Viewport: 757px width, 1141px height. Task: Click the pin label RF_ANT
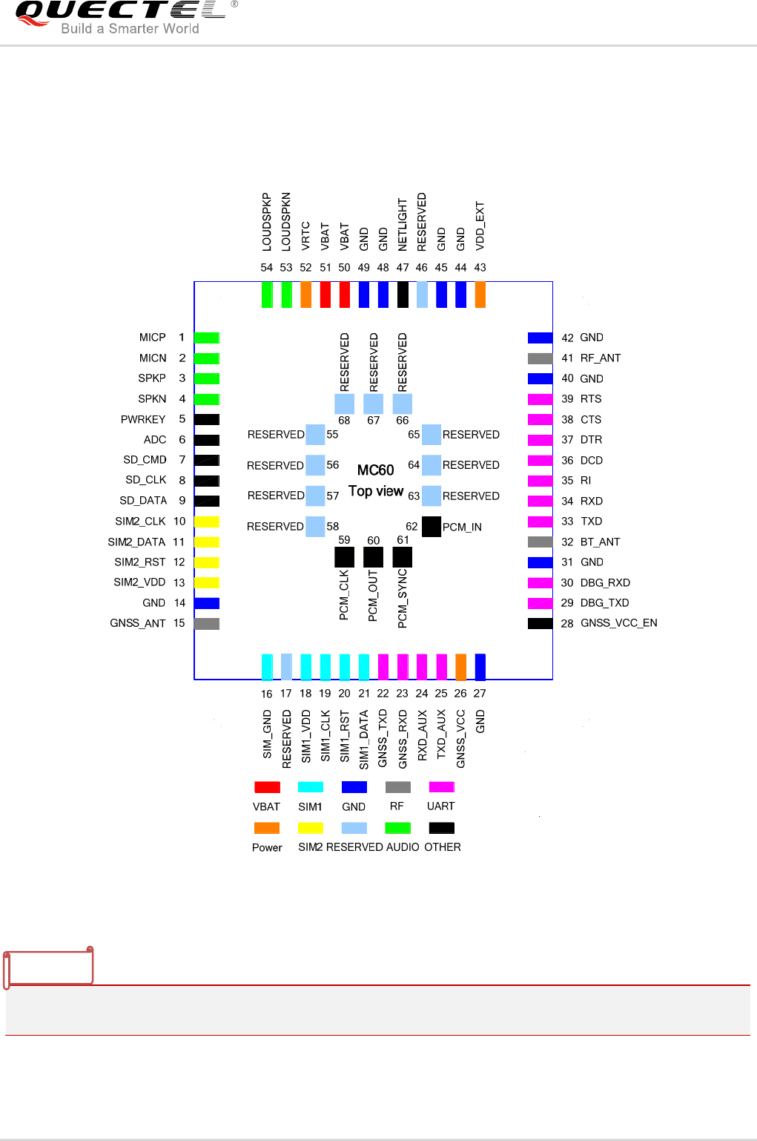coord(600,358)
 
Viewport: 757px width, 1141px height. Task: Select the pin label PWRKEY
coord(143,420)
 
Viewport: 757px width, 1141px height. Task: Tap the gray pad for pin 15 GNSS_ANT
coord(207,624)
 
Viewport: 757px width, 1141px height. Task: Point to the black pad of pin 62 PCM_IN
coord(431,527)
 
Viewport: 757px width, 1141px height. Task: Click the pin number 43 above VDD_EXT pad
coord(480,268)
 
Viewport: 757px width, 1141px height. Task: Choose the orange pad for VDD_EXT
coord(480,295)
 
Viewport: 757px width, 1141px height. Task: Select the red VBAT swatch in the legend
coord(267,787)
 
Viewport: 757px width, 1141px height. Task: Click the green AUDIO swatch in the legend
coord(398,828)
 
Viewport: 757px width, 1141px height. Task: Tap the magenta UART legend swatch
coord(442,787)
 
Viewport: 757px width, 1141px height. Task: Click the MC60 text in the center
coord(375,470)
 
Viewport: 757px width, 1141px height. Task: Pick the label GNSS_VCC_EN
coord(618,623)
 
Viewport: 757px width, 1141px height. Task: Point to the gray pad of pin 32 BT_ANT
coord(541,542)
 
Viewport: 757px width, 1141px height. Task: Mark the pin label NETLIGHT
coord(403,224)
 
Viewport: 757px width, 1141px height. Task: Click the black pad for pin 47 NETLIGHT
coord(403,295)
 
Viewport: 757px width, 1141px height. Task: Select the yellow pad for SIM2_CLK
coord(207,522)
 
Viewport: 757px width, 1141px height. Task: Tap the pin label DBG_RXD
coord(605,583)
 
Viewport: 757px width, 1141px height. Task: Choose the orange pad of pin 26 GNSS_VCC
coord(460,667)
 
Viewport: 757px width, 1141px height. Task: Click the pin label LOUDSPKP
coord(267,221)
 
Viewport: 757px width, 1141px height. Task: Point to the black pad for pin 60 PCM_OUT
coord(374,556)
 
